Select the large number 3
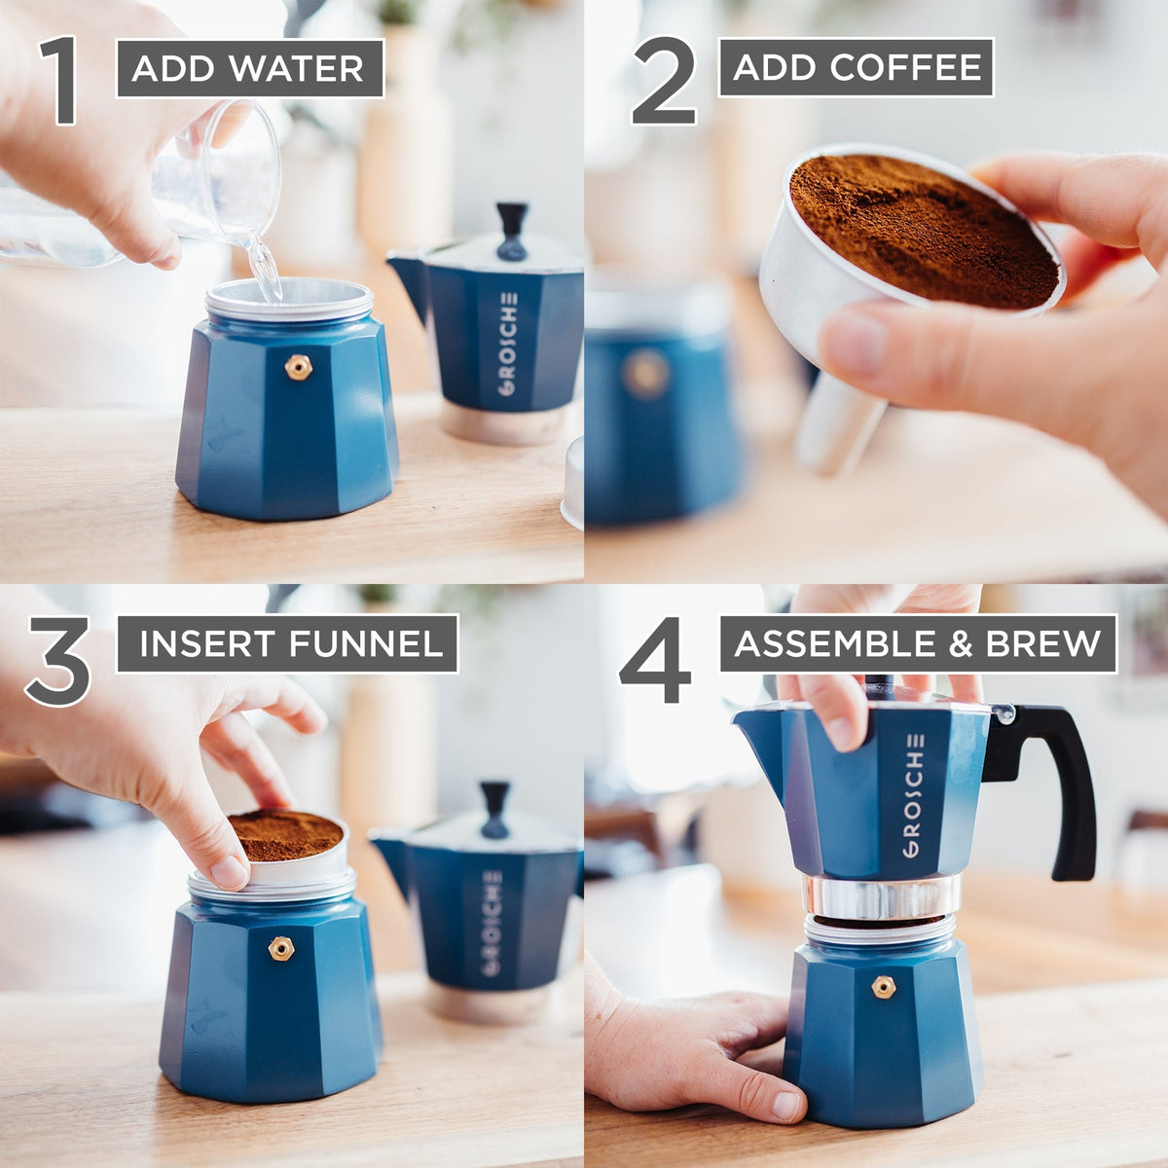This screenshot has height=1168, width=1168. pos(58,662)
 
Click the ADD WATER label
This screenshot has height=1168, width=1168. pos(249,68)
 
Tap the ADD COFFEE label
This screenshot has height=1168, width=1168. pos(856,67)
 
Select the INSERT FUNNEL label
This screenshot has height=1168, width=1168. pos(287,643)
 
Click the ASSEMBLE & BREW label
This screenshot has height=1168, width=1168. pos(918,643)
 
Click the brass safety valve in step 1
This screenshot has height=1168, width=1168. pos(298,367)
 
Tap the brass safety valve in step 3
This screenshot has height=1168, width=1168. pos(281,947)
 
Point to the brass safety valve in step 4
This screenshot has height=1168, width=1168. pos(883,987)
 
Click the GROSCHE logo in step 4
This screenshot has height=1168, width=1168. pos(912,794)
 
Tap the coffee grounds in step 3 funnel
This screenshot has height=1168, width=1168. pos(284,835)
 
